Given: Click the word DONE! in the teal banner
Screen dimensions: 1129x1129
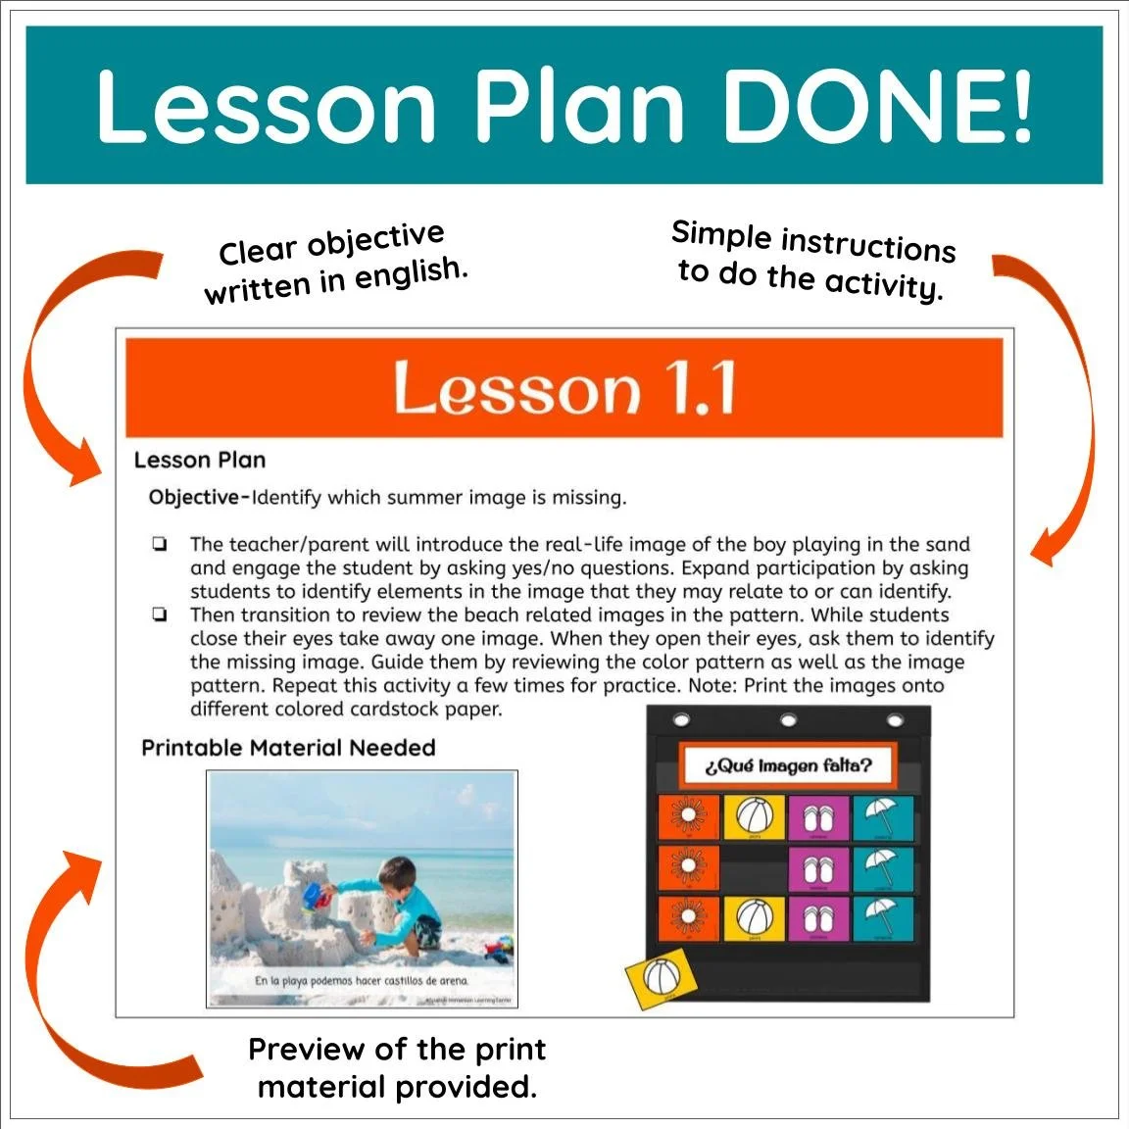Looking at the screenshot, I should [x=877, y=106].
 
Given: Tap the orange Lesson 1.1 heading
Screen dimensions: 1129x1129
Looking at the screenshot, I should [x=564, y=388].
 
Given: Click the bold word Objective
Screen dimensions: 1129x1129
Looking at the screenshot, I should [x=194, y=498].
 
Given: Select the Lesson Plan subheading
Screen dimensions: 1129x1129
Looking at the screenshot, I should [x=200, y=461].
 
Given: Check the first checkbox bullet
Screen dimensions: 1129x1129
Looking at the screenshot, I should [x=159, y=545].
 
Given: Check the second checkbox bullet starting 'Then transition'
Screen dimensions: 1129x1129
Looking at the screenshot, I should [x=159, y=615].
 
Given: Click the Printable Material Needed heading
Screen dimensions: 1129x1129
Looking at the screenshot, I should [x=288, y=748].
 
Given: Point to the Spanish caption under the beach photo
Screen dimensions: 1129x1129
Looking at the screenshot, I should [x=362, y=980].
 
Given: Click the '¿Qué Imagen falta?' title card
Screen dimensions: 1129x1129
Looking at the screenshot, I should [x=787, y=765].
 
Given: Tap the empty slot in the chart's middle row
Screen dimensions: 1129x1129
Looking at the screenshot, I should [x=753, y=869].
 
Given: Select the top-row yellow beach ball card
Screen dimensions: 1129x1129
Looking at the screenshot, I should [x=753, y=817].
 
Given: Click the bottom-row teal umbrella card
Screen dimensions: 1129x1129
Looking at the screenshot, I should [x=883, y=920].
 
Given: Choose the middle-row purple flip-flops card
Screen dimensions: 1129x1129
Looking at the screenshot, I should [x=818, y=869].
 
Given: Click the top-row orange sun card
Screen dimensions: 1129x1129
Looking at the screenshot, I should [x=688, y=817].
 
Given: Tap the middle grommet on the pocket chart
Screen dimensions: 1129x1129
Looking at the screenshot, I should [x=789, y=722].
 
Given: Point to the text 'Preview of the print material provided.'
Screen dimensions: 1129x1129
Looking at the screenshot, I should [x=397, y=1068].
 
